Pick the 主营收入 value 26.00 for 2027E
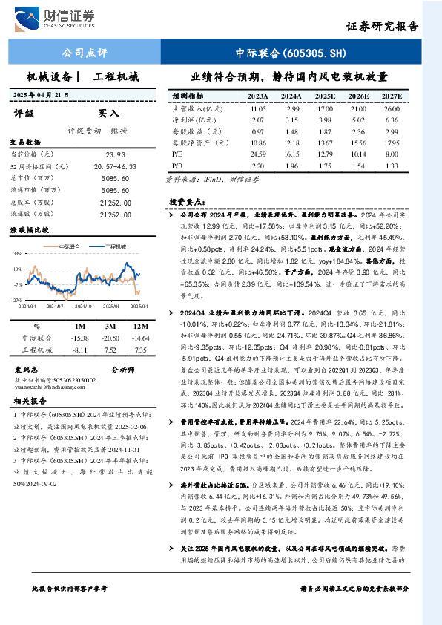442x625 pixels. [392, 108]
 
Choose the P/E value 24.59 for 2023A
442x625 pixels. [258, 154]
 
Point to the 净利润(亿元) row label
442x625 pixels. [188, 120]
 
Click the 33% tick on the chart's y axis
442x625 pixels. [16, 255]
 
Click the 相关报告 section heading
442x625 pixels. [29, 401]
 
